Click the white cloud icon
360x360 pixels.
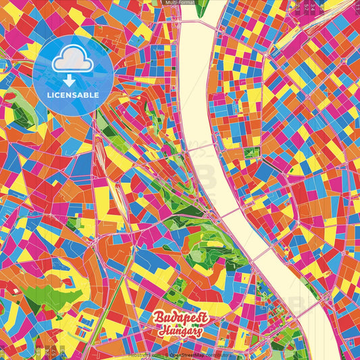tap(73, 61)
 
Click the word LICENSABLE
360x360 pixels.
tap(73, 95)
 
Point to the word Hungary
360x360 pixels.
tap(180, 332)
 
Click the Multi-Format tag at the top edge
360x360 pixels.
tap(180, 3)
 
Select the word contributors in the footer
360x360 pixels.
tap(220, 355)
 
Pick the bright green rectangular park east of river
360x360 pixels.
tap(252, 152)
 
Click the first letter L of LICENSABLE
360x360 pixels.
tap(49, 95)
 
